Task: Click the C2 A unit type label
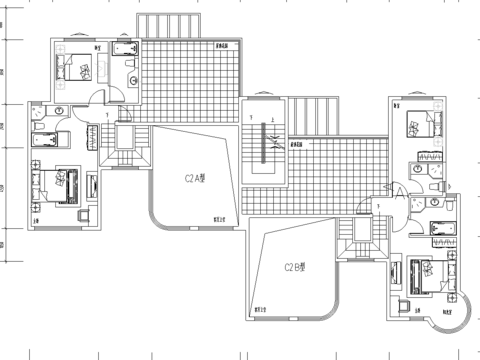pyautogui.click(x=196, y=180)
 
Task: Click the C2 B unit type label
pyautogui.click(x=294, y=267)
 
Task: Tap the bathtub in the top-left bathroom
pyautogui.click(x=126, y=49)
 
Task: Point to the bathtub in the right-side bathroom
pyautogui.click(x=440, y=228)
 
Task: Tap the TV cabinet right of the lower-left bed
pyautogui.click(x=94, y=186)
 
